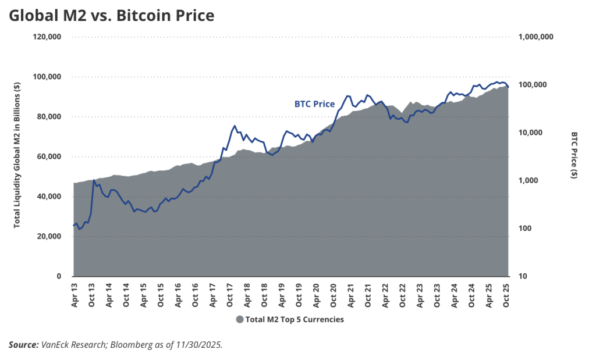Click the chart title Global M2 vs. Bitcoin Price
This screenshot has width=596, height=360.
[111, 16]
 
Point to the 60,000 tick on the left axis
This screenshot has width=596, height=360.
[48, 156]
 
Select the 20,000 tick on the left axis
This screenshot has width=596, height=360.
[48, 237]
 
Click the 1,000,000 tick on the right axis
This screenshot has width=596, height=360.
[534, 37]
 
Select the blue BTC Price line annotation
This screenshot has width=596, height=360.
[314, 104]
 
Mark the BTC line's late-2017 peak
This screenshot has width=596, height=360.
[235, 126]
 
